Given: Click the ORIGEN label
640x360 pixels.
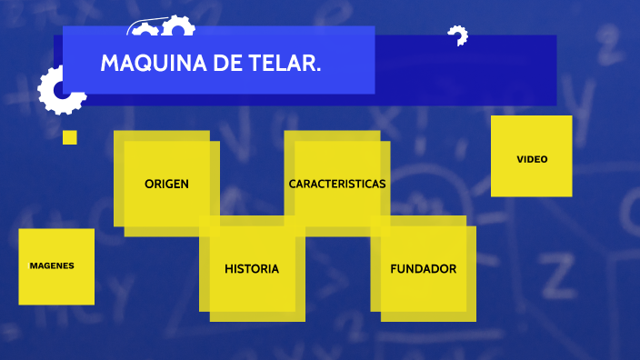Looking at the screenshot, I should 166,184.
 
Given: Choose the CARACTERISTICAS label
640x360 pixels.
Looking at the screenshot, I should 337,184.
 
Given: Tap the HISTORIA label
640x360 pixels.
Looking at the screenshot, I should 252,269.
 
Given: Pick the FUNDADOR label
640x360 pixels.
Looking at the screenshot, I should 423,269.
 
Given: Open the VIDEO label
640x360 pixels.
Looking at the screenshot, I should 532,159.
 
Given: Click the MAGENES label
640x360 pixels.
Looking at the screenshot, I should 52,266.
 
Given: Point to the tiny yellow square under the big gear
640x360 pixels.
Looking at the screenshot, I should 70,137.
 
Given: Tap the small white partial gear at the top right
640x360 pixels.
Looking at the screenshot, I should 458,35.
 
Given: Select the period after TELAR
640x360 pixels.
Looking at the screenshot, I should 318,71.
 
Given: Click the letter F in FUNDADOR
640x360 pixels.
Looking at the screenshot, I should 394,269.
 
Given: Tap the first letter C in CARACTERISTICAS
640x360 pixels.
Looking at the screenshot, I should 293,184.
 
